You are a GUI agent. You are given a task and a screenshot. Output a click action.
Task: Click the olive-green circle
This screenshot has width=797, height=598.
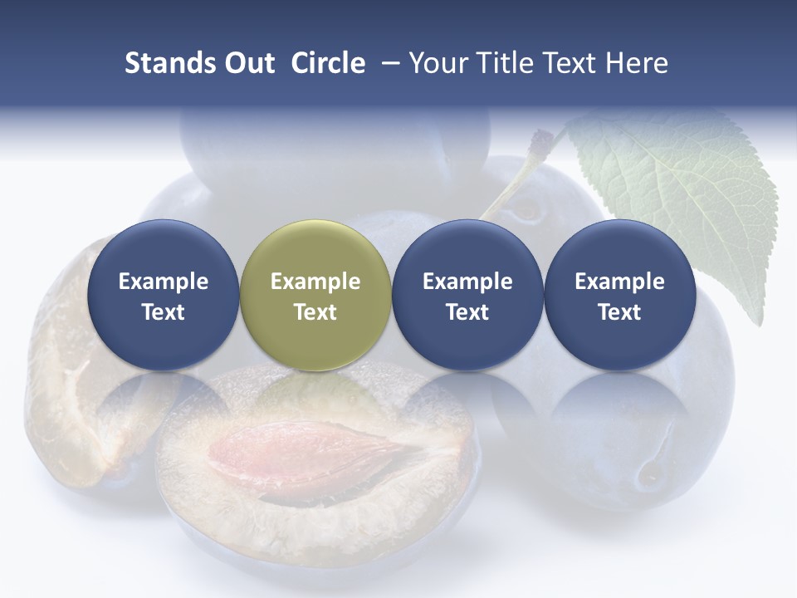(x=315, y=295)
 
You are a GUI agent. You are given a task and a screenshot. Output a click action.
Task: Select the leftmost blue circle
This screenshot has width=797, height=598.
(x=163, y=295)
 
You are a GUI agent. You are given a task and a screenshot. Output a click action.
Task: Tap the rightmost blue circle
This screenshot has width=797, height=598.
(x=619, y=295)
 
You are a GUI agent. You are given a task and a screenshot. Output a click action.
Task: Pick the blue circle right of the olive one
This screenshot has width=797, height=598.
(x=467, y=295)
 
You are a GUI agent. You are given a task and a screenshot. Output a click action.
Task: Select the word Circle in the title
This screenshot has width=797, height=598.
(x=328, y=63)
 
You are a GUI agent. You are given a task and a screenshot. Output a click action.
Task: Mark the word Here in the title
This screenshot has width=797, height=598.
(x=637, y=63)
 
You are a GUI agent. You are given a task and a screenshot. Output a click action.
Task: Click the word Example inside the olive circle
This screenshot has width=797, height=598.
(x=315, y=282)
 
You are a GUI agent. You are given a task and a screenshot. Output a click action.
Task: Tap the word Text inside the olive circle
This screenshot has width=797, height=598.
(x=315, y=312)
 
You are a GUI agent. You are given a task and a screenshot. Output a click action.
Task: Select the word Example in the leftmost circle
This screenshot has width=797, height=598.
(x=163, y=282)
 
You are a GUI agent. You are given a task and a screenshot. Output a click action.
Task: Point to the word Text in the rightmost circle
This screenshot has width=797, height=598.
(x=619, y=312)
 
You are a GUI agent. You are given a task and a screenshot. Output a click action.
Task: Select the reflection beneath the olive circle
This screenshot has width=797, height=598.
(x=315, y=399)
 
